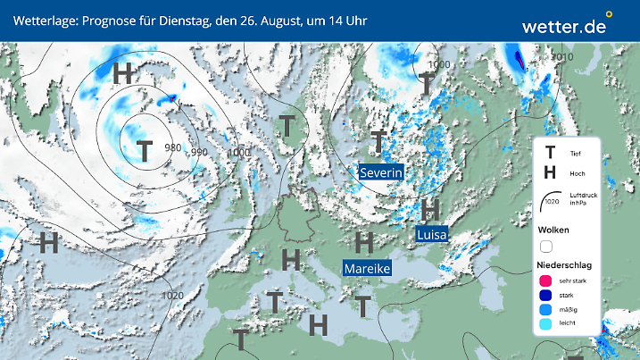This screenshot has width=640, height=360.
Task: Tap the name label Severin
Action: tap(382, 172)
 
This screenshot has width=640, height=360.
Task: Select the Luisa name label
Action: tap(432, 234)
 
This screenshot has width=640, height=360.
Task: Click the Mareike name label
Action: tap(368, 268)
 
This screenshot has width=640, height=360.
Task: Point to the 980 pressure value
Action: tap(174, 148)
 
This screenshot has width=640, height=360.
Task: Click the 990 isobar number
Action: tap(199, 153)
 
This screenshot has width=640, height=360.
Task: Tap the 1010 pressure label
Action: tap(562, 57)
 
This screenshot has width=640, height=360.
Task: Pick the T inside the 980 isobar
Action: tap(144, 151)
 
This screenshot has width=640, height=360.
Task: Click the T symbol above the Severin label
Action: tap(380, 141)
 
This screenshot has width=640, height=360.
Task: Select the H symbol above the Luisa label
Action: tap(430, 210)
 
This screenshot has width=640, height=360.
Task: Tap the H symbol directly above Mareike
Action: tap(363, 241)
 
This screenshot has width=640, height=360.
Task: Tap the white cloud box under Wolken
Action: tap(546, 246)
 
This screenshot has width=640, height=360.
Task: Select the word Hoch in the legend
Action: tap(577, 173)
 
